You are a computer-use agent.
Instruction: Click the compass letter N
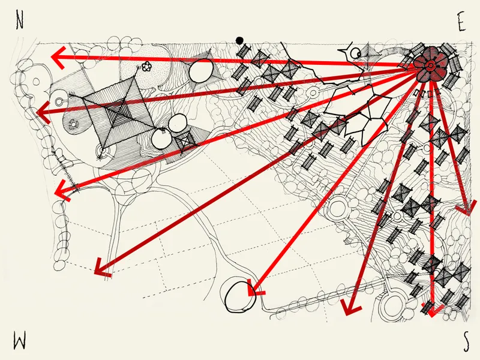tap(20, 22)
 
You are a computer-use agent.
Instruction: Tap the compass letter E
tap(461, 22)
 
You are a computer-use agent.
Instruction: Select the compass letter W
tap(19, 341)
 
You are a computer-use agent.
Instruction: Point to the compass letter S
tap(466, 341)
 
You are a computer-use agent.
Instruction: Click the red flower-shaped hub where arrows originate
tap(430, 65)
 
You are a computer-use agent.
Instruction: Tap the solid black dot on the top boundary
tap(239, 40)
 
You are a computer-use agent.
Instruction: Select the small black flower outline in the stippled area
tap(146, 66)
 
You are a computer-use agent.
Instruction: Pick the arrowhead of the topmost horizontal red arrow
tap(58, 57)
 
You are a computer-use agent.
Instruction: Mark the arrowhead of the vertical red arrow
tap(432, 310)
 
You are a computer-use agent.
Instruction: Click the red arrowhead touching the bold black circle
tap(254, 289)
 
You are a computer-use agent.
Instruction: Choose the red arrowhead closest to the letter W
tap(103, 268)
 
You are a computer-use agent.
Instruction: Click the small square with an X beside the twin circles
tap(186, 142)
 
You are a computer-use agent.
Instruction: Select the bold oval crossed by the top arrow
tap(201, 70)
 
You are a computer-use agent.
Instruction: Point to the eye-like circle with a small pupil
tap(355, 53)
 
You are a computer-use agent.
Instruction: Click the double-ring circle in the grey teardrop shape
tap(59, 100)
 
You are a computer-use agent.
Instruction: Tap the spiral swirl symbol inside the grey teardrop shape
tap(73, 124)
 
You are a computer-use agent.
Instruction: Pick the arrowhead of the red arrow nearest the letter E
tap(467, 208)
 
